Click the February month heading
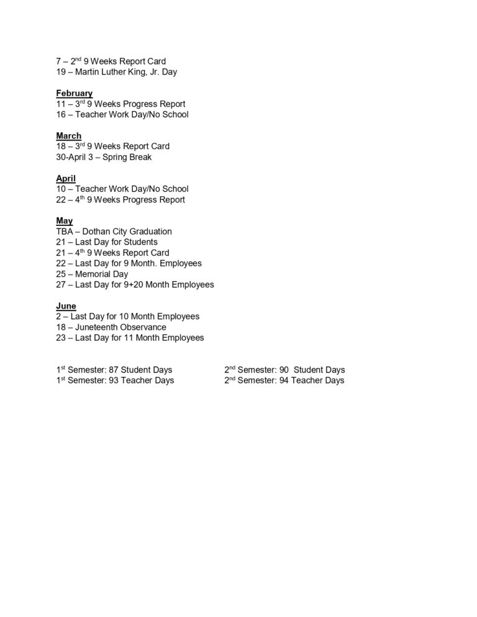tap(74, 93)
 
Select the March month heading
tap(68, 136)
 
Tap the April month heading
tap(65, 178)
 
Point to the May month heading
tap(64, 221)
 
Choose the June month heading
tap(66, 306)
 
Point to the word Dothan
tap(98, 232)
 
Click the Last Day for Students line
tap(106, 242)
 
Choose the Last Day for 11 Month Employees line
tap(130, 338)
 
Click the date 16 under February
tap(61, 114)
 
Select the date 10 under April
tap(61, 189)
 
